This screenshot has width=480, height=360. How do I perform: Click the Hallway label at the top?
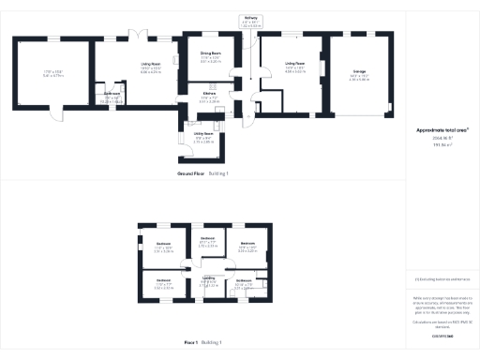[x=250, y=18]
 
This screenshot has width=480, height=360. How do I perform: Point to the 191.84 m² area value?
[x=441, y=145]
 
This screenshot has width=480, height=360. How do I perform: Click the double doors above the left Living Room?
[x=139, y=35]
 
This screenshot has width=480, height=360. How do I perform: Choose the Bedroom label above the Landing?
[x=208, y=237]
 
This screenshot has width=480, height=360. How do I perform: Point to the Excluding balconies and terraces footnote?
[x=441, y=279]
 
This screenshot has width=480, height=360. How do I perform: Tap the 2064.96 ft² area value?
[x=441, y=138]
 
